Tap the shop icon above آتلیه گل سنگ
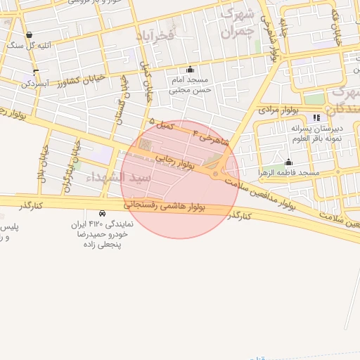click(29, 34)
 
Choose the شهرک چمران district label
click(236, 24)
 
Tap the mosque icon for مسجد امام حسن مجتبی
click(190, 70)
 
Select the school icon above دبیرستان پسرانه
click(316, 117)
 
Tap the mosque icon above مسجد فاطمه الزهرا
click(288, 162)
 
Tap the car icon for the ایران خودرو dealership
click(103, 213)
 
